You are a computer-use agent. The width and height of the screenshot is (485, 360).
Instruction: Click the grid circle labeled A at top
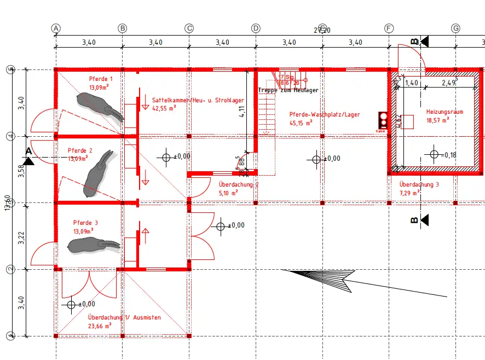55,28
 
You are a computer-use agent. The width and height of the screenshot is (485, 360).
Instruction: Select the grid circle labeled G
455,28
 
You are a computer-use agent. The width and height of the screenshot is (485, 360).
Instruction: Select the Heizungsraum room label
444,112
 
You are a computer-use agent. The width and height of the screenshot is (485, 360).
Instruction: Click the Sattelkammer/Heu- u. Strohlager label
198,101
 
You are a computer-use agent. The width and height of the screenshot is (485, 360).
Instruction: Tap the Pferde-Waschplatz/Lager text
325,114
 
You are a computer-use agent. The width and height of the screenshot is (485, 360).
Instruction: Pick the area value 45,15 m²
301,123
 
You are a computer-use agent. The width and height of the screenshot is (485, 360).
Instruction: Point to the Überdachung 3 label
419,185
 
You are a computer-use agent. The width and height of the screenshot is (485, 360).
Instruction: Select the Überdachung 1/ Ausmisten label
124,317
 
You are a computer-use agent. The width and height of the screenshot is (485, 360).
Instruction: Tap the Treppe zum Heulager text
288,90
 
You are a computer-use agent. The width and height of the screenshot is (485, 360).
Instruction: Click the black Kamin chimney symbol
382,120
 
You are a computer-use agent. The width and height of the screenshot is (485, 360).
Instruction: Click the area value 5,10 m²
228,193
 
